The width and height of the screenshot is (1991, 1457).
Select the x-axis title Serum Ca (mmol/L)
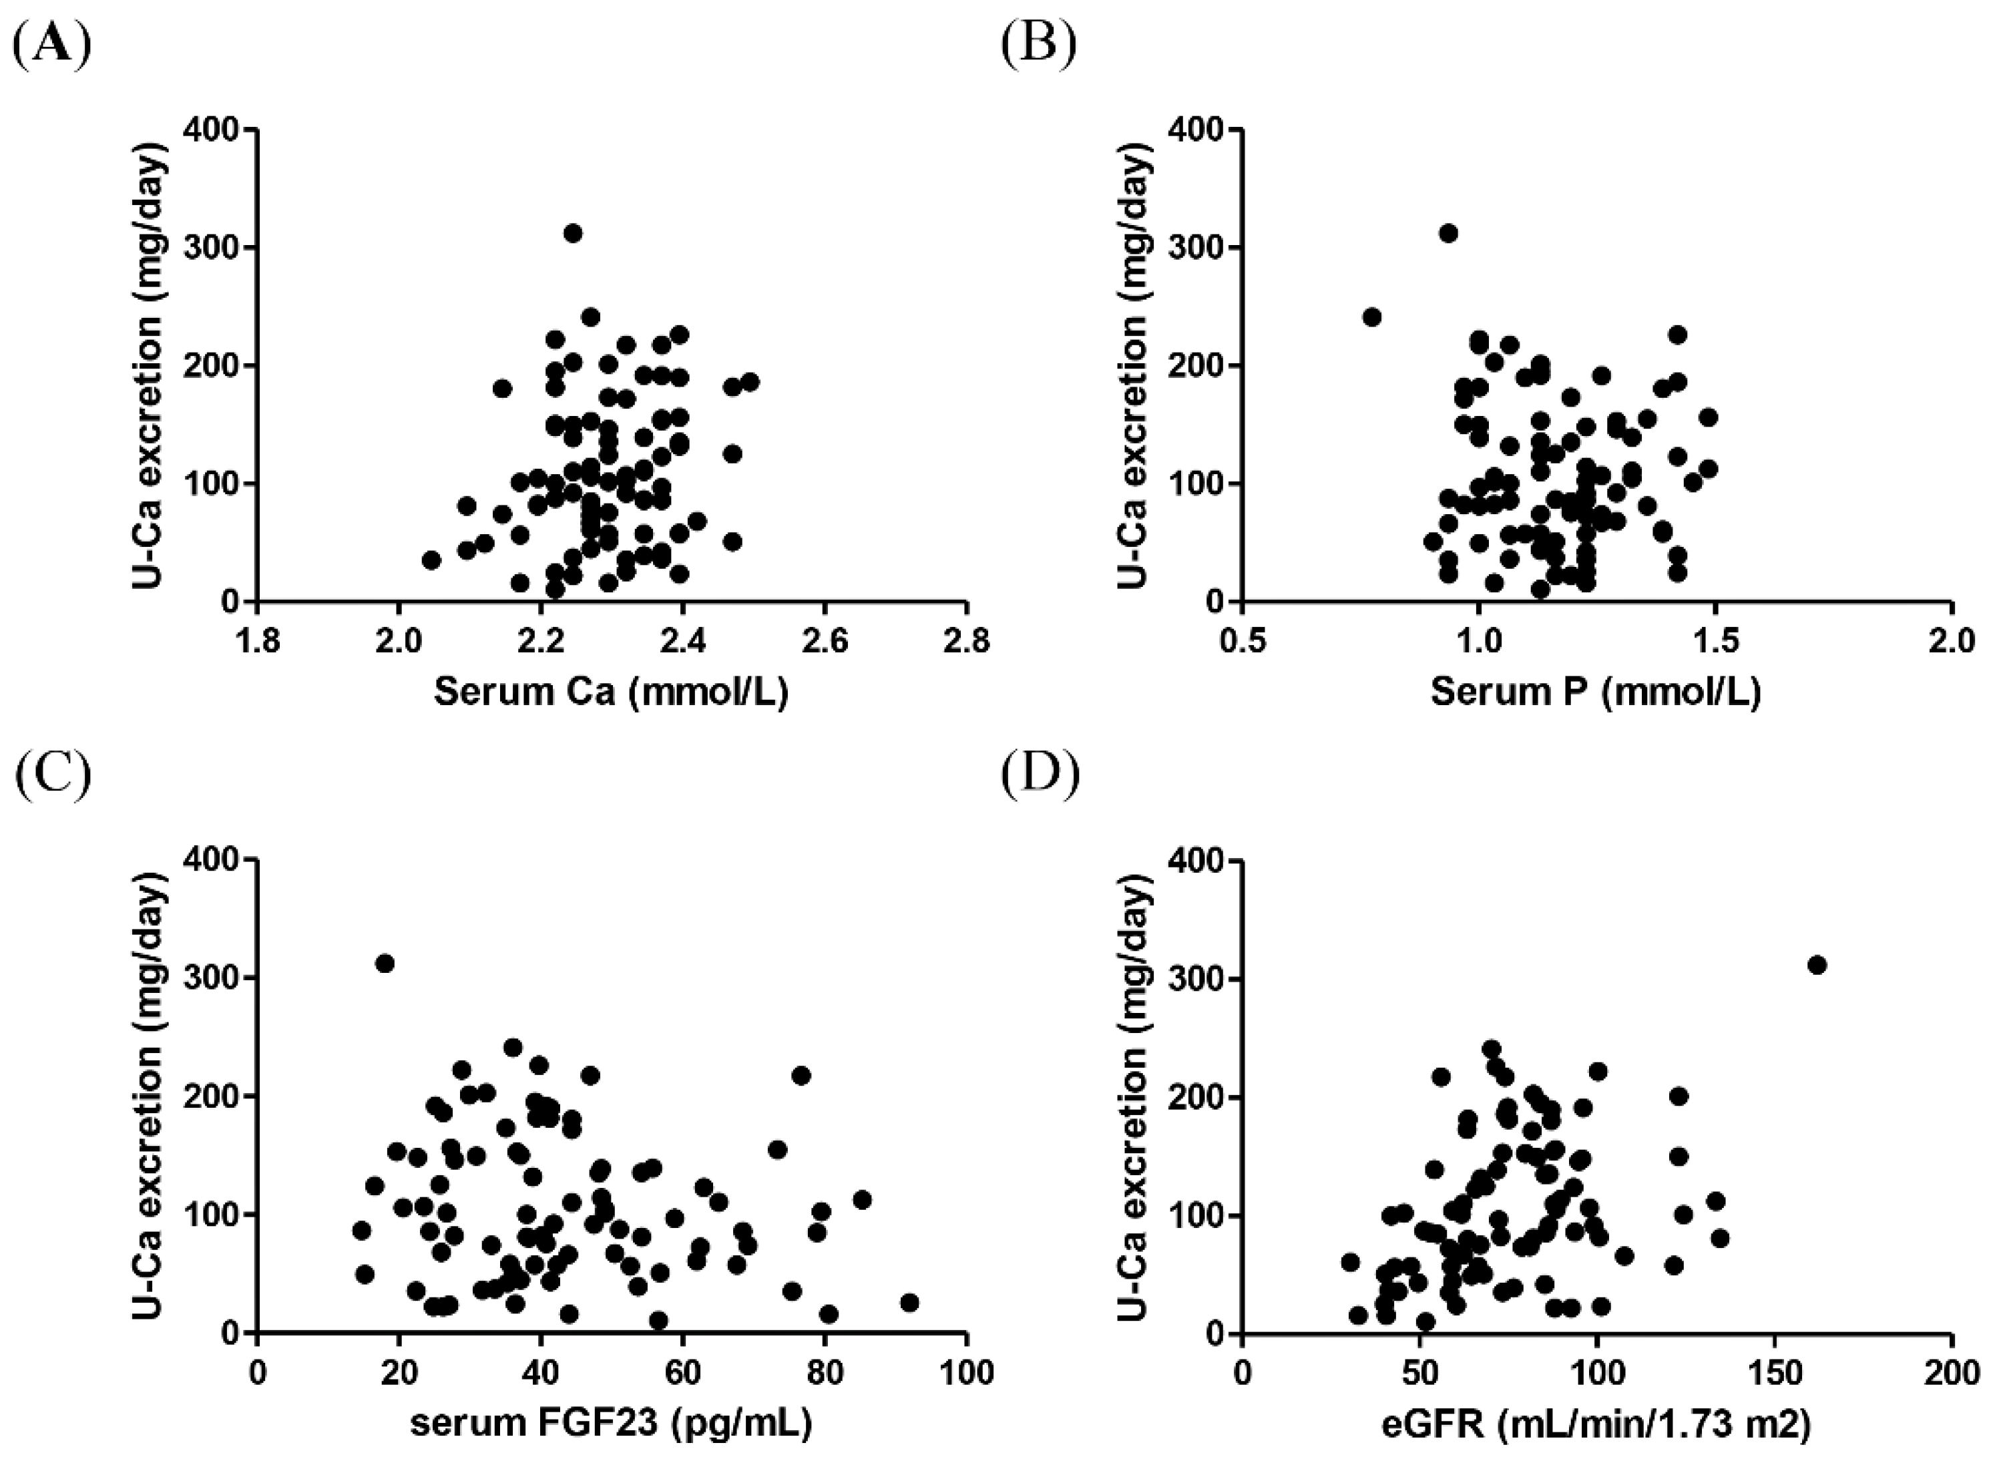pos(610,693)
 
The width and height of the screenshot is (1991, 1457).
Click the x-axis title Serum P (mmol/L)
pos(1595,693)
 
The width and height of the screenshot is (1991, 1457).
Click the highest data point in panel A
pos(572,233)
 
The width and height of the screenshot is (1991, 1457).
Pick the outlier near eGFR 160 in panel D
pos(1817,965)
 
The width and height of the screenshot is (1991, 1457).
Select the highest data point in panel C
pos(385,963)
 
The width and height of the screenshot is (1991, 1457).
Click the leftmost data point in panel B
pos(1371,317)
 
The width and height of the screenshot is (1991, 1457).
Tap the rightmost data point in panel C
pos(909,1303)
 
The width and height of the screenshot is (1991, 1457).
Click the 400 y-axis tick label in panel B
pos(1196,130)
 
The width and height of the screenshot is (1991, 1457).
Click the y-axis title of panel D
pos(1136,1095)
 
